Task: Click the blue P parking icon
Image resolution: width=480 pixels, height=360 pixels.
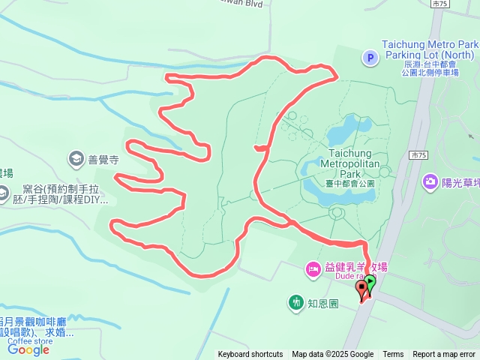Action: click(369, 57)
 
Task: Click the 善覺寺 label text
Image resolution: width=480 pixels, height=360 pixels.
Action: click(103, 159)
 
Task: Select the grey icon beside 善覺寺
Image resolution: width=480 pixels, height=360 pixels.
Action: click(76, 158)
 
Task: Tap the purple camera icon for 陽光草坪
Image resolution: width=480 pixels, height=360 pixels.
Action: click(430, 181)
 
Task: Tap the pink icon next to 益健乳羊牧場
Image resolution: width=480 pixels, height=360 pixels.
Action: click(311, 268)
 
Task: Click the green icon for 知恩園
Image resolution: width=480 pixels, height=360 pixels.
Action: click(296, 303)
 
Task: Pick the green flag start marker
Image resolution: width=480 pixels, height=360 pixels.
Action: click(370, 283)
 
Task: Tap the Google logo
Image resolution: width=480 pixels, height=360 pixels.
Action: click(28, 349)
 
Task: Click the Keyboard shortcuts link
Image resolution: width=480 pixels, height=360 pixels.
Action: click(250, 355)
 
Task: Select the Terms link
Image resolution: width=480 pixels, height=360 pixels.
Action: click(393, 355)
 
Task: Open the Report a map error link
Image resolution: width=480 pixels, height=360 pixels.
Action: click(444, 355)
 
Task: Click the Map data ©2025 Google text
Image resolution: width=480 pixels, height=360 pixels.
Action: click(333, 355)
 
